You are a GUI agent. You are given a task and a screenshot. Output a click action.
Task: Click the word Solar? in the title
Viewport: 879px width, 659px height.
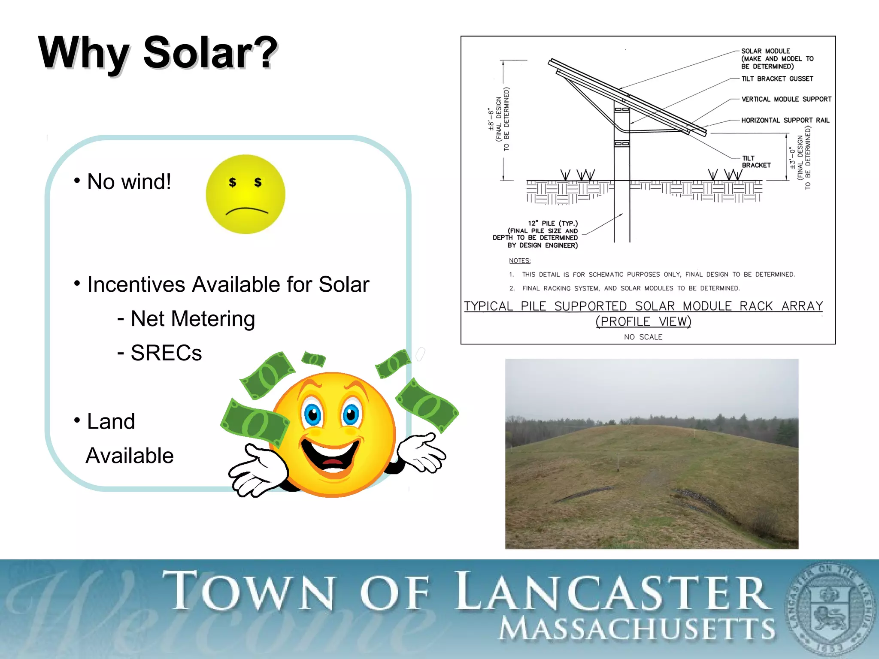pyautogui.click(x=210, y=53)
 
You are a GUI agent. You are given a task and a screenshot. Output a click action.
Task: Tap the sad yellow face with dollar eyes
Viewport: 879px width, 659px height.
pyautogui.click(x=246, y=194)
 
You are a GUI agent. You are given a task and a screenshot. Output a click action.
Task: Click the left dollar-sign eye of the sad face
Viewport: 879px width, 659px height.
pyautogui.click(x=232, y=182)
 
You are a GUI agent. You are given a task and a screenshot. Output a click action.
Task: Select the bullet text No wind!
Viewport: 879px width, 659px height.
pyautogui.click(x=129, y=181)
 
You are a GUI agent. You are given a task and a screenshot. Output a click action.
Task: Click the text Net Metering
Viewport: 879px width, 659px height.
pyautogui.click(x=192, y=319)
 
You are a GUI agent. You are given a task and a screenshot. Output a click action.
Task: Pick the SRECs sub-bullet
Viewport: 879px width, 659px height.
pyautogui.click(x=166, y=353)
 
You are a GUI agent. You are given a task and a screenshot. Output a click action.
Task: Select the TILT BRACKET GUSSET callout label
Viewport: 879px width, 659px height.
pyautogui.click(x=777, y=79)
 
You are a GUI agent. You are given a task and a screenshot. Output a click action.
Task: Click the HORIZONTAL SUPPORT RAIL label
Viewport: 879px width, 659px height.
pyautogui.click(x=785, y=120)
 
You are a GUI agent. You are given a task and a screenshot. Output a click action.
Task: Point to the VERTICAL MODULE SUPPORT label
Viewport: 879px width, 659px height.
pyautogui.click(x=786, y=99)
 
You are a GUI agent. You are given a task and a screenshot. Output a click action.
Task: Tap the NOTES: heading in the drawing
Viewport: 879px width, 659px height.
pyautogui.click(x=519, y=260)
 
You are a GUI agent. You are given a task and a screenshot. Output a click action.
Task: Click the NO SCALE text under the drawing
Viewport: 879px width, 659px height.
pyautogui.click(x=643, y=337)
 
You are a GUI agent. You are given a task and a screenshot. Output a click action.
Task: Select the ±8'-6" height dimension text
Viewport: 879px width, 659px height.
pyautogui.click(x=491, y=119)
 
